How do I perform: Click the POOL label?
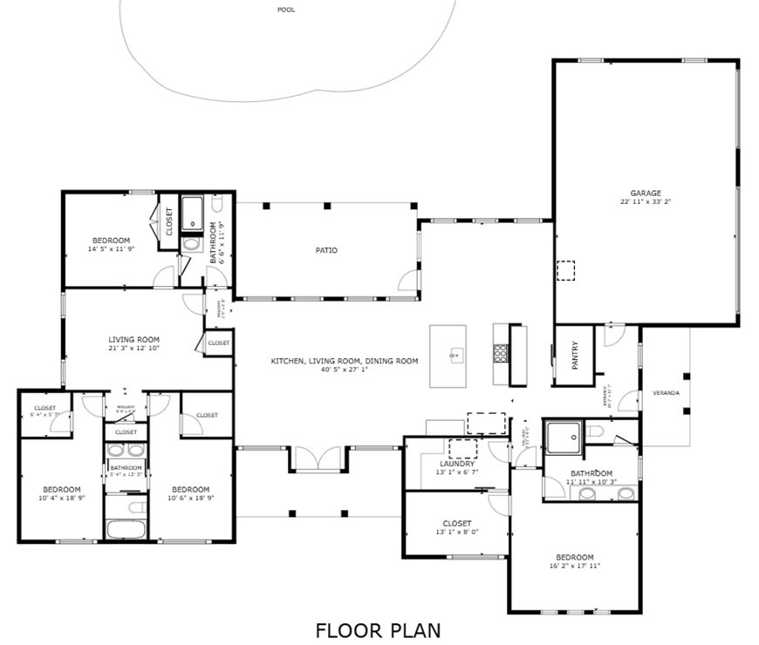285,10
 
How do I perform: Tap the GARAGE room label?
646,193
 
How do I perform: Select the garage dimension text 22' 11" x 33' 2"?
646,201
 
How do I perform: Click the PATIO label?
326,251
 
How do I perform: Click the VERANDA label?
667,393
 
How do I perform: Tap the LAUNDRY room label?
456,464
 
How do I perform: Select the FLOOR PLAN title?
379,629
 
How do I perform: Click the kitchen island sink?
454,355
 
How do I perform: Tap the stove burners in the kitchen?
502,353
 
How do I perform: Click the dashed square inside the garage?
567,271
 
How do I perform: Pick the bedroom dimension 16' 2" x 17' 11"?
575,566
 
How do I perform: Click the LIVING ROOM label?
133,340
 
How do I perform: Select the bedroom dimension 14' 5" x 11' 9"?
111,249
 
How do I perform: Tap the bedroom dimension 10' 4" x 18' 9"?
61,498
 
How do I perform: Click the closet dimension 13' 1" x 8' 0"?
456,532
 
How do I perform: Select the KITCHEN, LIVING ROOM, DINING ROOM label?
344,361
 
